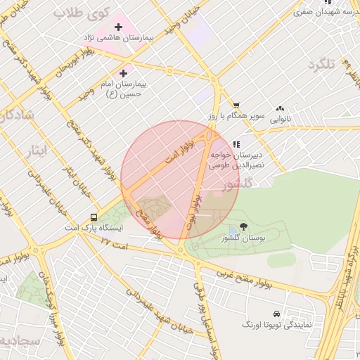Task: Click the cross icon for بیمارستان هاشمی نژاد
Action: click(117, 27)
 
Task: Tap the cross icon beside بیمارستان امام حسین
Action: click(124, 72)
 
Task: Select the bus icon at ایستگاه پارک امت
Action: click(94, 218)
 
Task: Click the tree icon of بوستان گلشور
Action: click(244, 226)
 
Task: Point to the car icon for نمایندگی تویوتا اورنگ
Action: click(276, 313)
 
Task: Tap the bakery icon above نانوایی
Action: click(281, 109)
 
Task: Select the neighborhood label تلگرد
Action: click(323, 65)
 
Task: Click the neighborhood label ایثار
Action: click(34, 150)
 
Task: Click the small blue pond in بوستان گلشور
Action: click(233, 231)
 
